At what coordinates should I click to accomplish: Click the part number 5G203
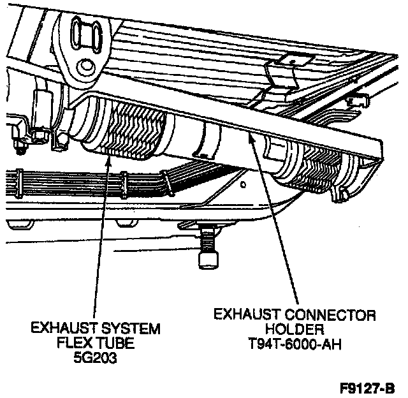pyautogui.click(x=95, y=358)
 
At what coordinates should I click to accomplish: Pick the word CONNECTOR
pyautogui.click(x=330, y=314)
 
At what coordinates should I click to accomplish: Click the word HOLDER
pyautogui.click(x=295, y=329)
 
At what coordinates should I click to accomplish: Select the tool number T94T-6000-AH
pyautogui.click(x=295, y=344)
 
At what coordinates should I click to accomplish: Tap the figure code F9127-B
pyautogui.click(x=367, y=388)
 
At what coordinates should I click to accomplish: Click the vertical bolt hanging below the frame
pyautogui.click(x=208, y=248)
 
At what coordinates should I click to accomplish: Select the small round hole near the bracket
pyautogui.click(x=243, y=185)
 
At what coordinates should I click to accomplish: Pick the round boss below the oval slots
pyautogui.click(x=85, y=68)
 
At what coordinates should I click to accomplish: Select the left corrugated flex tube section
pyautogui.click(x=125, y=129)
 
